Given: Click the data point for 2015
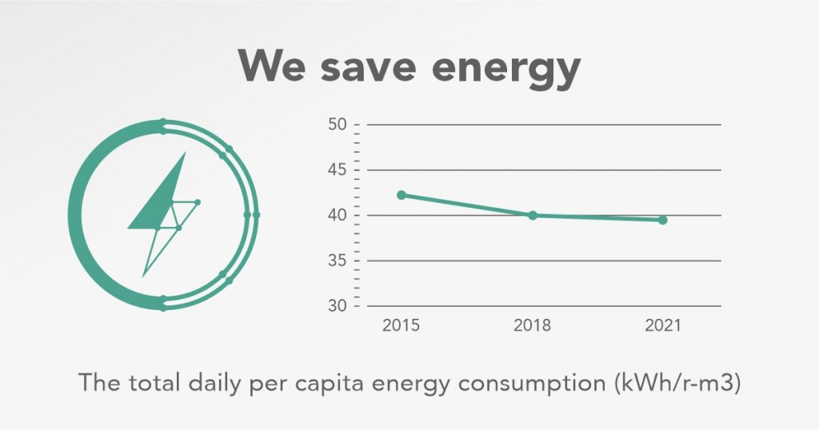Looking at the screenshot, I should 402,195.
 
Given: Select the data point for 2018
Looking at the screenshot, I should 533,215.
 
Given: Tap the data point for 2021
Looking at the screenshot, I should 663,220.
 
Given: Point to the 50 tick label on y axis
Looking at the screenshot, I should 338,125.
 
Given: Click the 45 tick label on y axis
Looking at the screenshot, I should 338,170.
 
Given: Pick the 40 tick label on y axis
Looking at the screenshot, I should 338,216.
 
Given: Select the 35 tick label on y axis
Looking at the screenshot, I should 338,261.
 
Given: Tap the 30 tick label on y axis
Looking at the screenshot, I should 338,306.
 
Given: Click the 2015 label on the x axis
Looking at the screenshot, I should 402,326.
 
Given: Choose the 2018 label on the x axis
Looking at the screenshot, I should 533,326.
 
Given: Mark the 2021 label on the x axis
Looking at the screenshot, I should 663,326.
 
